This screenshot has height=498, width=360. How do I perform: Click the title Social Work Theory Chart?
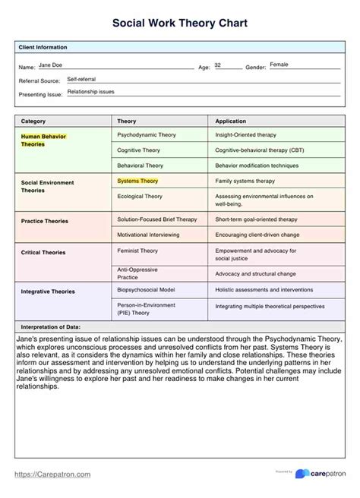coord(179,24)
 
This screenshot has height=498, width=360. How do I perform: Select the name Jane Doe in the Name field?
coord(52,65)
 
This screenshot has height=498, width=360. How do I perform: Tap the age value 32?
coord(218,65)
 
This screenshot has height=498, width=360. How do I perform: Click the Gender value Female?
coord(280,65)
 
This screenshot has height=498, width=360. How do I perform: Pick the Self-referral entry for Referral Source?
coord(82,78)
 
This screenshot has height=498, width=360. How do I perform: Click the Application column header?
coord(231,121)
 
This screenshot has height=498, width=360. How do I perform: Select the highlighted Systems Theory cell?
coord(137,181)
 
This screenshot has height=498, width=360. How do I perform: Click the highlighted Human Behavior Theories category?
coord(44,139)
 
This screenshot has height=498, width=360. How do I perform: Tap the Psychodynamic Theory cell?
coord(147,134)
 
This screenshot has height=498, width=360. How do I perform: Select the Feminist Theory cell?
coord(138,250)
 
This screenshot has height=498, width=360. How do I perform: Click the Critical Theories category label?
coord(43,252)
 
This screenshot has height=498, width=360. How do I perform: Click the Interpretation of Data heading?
coord(55,326)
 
